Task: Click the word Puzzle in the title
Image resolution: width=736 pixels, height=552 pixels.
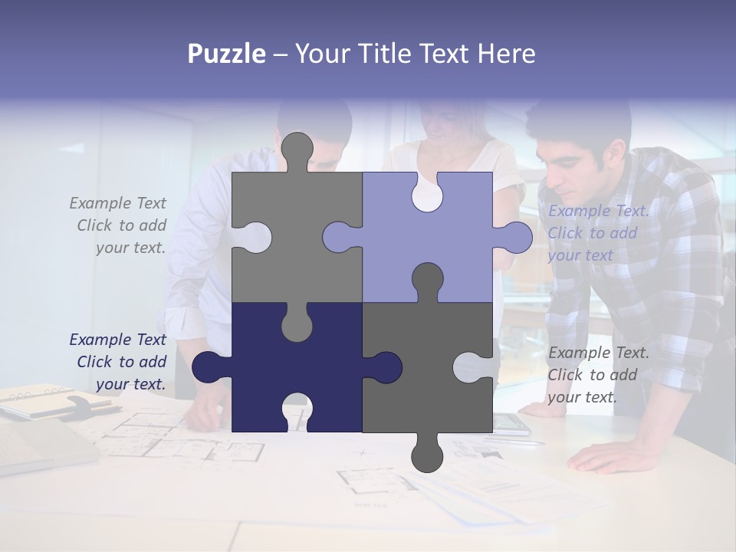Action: (x=226, y=54)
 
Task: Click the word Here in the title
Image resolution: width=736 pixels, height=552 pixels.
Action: (x=506, y=54)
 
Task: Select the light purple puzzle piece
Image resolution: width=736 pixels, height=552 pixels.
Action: (x=445, y=245)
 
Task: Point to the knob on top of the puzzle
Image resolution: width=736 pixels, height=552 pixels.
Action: (x=297, y=149)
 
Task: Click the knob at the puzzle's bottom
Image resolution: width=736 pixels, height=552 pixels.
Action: (x=427, y=455)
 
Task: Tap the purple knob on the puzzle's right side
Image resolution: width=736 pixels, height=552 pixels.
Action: (x=516, y=237)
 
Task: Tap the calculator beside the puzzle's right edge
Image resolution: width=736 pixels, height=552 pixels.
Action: (x=510, y=423)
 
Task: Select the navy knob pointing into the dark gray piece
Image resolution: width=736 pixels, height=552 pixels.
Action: (x=383, y=367)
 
